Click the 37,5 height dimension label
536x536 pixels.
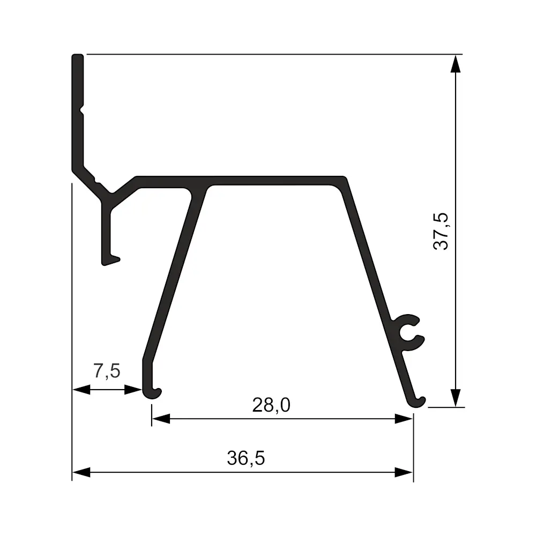(x=441, y=231)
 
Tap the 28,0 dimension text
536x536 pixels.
(x=271, y=405)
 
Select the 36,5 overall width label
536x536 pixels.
(x=246, y=458)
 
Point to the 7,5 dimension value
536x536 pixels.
(x=107, y=371)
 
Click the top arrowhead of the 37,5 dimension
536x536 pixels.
(x=455, y=64)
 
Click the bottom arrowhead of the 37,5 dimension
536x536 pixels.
(x=455, y=398)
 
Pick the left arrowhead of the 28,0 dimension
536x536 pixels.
(x=161, y=419)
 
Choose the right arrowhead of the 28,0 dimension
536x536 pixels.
(x=404, y=419)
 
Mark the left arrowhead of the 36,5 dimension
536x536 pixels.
(x=81, y=472)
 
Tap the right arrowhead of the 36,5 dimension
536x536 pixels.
(x=404, y=472)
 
